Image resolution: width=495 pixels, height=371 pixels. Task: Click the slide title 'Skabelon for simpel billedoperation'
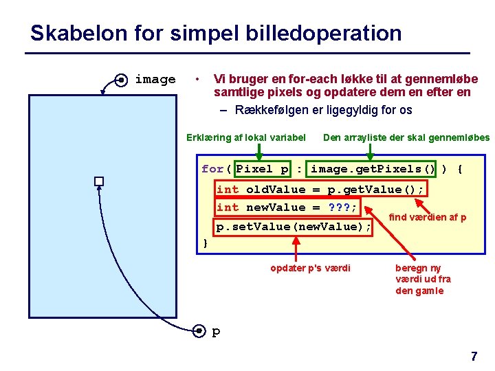216,33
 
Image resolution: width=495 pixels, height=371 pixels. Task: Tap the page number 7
474,357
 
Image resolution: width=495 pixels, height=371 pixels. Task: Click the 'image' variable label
155,80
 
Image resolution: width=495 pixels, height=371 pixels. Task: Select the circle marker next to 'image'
120,80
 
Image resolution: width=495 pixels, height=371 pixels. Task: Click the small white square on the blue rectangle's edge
99,181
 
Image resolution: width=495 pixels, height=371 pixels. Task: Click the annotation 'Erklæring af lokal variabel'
246,137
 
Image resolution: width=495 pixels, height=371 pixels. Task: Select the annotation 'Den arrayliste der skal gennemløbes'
406,137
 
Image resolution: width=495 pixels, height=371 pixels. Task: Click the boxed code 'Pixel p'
263,169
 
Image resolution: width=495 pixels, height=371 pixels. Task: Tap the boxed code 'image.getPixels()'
373,169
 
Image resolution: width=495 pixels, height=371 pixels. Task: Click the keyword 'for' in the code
212,169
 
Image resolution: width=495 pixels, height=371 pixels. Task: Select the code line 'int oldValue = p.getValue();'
320,189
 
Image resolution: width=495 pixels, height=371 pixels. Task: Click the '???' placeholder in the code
340,207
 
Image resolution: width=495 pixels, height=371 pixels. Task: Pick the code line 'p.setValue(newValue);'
294,227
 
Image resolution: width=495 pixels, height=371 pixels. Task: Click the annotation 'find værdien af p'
428,217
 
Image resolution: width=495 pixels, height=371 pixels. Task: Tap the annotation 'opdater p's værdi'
310,267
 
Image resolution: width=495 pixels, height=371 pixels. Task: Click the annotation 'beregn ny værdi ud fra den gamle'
423,279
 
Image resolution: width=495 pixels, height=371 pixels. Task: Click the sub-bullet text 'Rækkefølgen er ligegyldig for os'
323,110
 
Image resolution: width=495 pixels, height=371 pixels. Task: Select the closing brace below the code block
206,243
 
